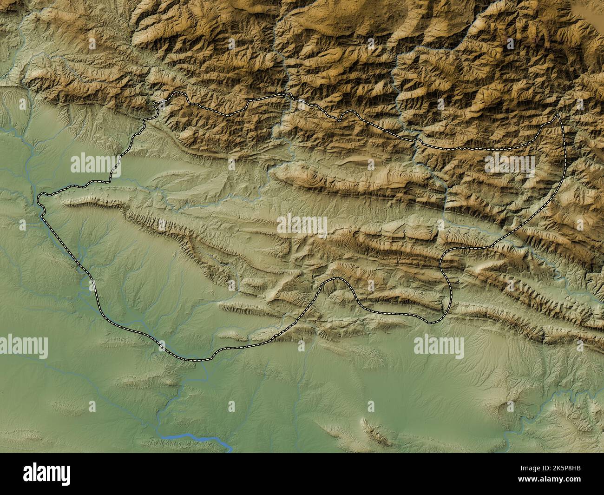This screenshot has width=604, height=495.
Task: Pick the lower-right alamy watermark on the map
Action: coord(439,346)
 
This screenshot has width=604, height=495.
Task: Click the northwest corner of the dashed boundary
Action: coord(175,94)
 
